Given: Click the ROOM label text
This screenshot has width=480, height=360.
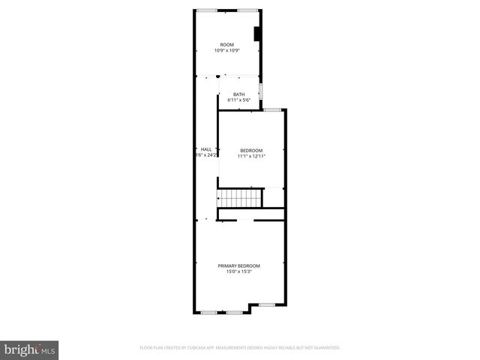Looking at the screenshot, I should pos(226,45).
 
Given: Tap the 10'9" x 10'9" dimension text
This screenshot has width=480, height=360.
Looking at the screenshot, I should pos(226,51).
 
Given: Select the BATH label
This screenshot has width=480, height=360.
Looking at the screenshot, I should pos(238,94).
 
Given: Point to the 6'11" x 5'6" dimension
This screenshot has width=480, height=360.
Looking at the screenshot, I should pos(238,100).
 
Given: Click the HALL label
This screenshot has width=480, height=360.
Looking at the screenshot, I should pos(206,149).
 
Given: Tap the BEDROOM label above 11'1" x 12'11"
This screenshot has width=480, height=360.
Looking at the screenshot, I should pos(251,150).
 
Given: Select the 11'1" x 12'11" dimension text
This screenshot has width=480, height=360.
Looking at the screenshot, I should pos(251,156).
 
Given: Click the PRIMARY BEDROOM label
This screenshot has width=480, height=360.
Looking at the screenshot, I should pos(239,266).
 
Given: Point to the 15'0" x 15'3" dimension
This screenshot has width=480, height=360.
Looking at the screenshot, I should pos(239,272).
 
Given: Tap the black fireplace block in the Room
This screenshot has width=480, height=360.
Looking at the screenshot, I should pos(257,34).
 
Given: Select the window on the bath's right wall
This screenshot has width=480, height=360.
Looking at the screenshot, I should pos(260,91).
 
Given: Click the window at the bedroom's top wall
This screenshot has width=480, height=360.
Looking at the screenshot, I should pos(272,110).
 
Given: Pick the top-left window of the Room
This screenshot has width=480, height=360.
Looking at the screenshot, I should pos(207,10).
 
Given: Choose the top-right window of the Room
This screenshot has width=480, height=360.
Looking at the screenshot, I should pos(248,10).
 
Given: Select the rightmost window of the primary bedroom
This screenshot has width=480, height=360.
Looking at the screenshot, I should pos(267,305).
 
